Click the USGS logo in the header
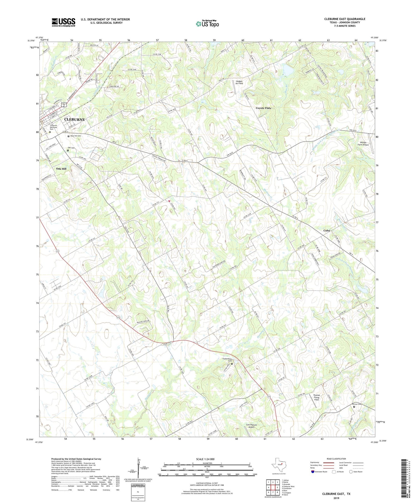[63, 22]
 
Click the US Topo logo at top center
[207, 24]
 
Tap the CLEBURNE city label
[75, 120]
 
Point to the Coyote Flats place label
[263, 108]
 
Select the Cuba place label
[327, 230]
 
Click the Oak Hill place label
[61, 169]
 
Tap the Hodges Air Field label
[239, 82]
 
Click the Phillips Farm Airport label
[363, 144]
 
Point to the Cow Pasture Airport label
[251, 426]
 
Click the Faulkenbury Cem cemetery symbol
[232, 364]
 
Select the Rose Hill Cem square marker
[68, 136]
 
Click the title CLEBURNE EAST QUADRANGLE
[344, 19]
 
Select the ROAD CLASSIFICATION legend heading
[336, 459]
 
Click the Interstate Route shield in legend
[314, 472]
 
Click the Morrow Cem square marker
[354, 407]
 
